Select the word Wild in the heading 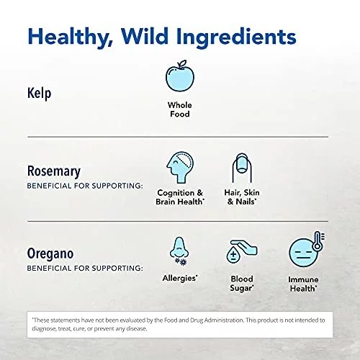pos(145,36)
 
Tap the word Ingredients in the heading pos(236,37)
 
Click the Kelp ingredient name pos(39,93)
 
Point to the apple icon pos(180,76)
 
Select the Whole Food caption pos(180,109)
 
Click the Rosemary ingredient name pos(54,171)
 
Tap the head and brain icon pos(180,167)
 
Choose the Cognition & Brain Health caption pos(180,197)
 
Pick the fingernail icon pos(242,168)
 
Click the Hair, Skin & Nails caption pos(242,197)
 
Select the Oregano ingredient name pos(50,254)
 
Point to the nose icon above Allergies pos(179,251)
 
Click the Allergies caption pos(180,278)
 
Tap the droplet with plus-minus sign pos(233,256)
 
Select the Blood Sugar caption pos(242,284)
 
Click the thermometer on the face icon pos(318,241)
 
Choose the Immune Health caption pos(303,284)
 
